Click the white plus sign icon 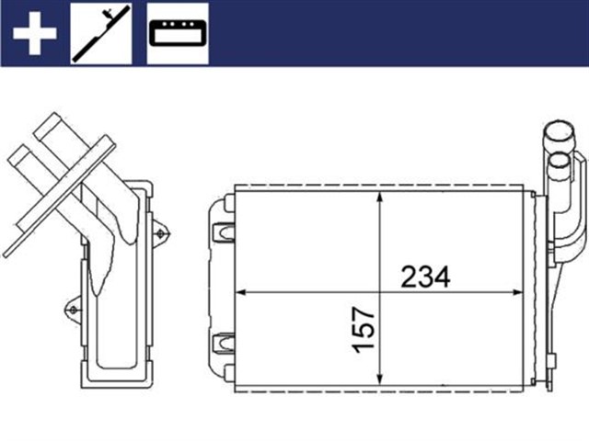point(34,33)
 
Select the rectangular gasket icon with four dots point(178,33)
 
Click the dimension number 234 point(424,276)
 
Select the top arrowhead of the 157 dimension point(380,199)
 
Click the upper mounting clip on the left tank point(224,231)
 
